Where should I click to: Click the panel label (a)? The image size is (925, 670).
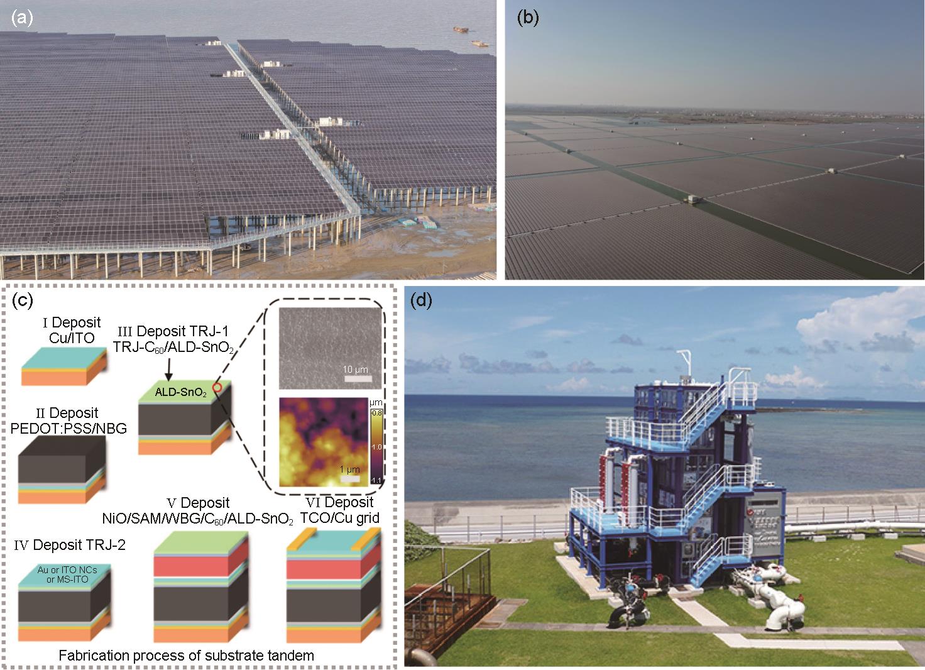coord(22,18)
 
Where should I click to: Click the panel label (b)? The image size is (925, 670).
coord(528,18)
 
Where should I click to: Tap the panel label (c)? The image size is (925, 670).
coord(22,300)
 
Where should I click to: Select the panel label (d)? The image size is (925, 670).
coord(421,300)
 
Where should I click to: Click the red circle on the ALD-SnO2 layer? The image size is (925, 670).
coord(217,387)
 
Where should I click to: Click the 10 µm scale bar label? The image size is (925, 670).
coord(355,370)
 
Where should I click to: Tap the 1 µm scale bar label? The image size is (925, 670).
coord(350,470)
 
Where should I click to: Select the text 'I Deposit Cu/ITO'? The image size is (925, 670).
coord(72,330)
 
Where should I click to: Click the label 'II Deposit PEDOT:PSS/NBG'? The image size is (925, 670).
coord(68,420)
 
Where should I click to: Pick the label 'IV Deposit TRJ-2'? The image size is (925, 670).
coord(70,545)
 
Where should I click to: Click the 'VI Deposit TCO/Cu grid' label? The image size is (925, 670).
coord(339,510)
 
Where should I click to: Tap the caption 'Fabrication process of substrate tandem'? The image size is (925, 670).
coord(186,656)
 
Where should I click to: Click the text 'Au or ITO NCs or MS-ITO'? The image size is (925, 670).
coord(67,574)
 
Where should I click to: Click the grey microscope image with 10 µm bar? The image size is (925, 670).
coord(330,348)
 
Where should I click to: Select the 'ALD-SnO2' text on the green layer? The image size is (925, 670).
coord(180,392)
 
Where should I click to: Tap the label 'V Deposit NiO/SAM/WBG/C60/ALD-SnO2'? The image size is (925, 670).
coord(198,510)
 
